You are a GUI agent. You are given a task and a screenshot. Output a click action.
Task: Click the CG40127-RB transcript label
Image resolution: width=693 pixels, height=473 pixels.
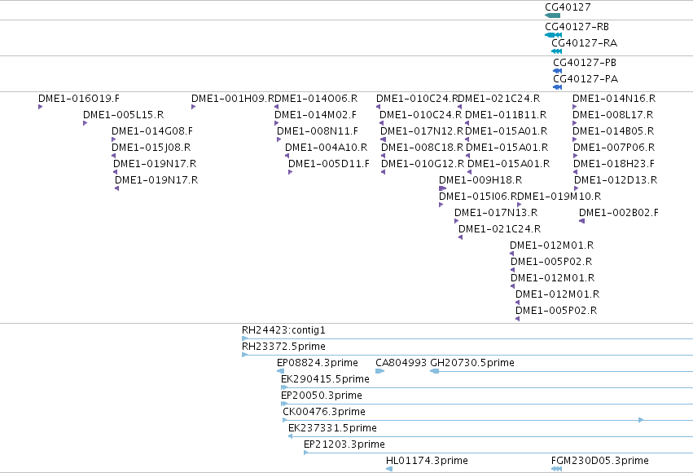coord(577,27)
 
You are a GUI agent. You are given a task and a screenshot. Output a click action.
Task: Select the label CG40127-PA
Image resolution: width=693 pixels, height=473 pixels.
coord(586,79)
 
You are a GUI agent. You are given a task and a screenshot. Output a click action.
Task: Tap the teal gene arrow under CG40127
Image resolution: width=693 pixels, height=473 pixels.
coord(552,16)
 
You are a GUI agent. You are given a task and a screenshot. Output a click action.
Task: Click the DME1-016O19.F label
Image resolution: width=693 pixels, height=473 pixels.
coord(79,98)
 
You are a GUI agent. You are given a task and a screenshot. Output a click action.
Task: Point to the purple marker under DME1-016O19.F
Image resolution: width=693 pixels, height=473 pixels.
coord(40,107)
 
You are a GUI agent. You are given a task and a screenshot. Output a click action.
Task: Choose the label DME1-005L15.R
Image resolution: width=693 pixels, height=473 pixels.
coord(123,115)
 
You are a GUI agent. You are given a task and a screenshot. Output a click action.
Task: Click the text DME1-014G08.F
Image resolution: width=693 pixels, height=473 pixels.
coord(152,131)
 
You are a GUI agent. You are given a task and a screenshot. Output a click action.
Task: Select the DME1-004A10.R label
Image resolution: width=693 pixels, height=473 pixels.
coord(327,148)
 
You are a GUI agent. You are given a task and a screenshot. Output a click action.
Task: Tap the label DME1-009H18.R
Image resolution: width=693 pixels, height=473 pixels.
coord(480,180)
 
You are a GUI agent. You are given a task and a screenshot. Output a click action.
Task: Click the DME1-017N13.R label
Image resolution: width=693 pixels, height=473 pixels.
coord(496,212)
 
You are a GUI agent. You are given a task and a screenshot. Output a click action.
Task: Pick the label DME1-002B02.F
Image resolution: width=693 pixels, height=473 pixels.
coord(619,212)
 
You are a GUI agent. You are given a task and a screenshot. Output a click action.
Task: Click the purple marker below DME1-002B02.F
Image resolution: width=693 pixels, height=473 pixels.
coord(581,221)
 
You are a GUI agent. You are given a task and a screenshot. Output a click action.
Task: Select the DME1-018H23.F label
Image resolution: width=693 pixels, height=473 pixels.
coord(614,164)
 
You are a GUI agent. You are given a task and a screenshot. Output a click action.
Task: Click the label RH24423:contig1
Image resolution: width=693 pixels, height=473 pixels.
coord(283,330)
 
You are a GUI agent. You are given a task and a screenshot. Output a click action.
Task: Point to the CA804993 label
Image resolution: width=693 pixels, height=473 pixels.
coord(401,363)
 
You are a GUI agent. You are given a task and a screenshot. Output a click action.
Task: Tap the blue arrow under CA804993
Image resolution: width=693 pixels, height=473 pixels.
coord(380,371)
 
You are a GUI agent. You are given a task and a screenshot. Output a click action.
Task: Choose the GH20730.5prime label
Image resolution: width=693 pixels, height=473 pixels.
coord(472,363)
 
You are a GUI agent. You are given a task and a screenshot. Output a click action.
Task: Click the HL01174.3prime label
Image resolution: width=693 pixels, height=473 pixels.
coord(427,461)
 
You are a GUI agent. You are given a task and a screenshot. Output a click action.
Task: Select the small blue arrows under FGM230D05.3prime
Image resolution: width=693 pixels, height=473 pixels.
coord(557,469)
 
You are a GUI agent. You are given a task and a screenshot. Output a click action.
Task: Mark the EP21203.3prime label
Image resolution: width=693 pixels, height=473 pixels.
coord(344,444)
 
